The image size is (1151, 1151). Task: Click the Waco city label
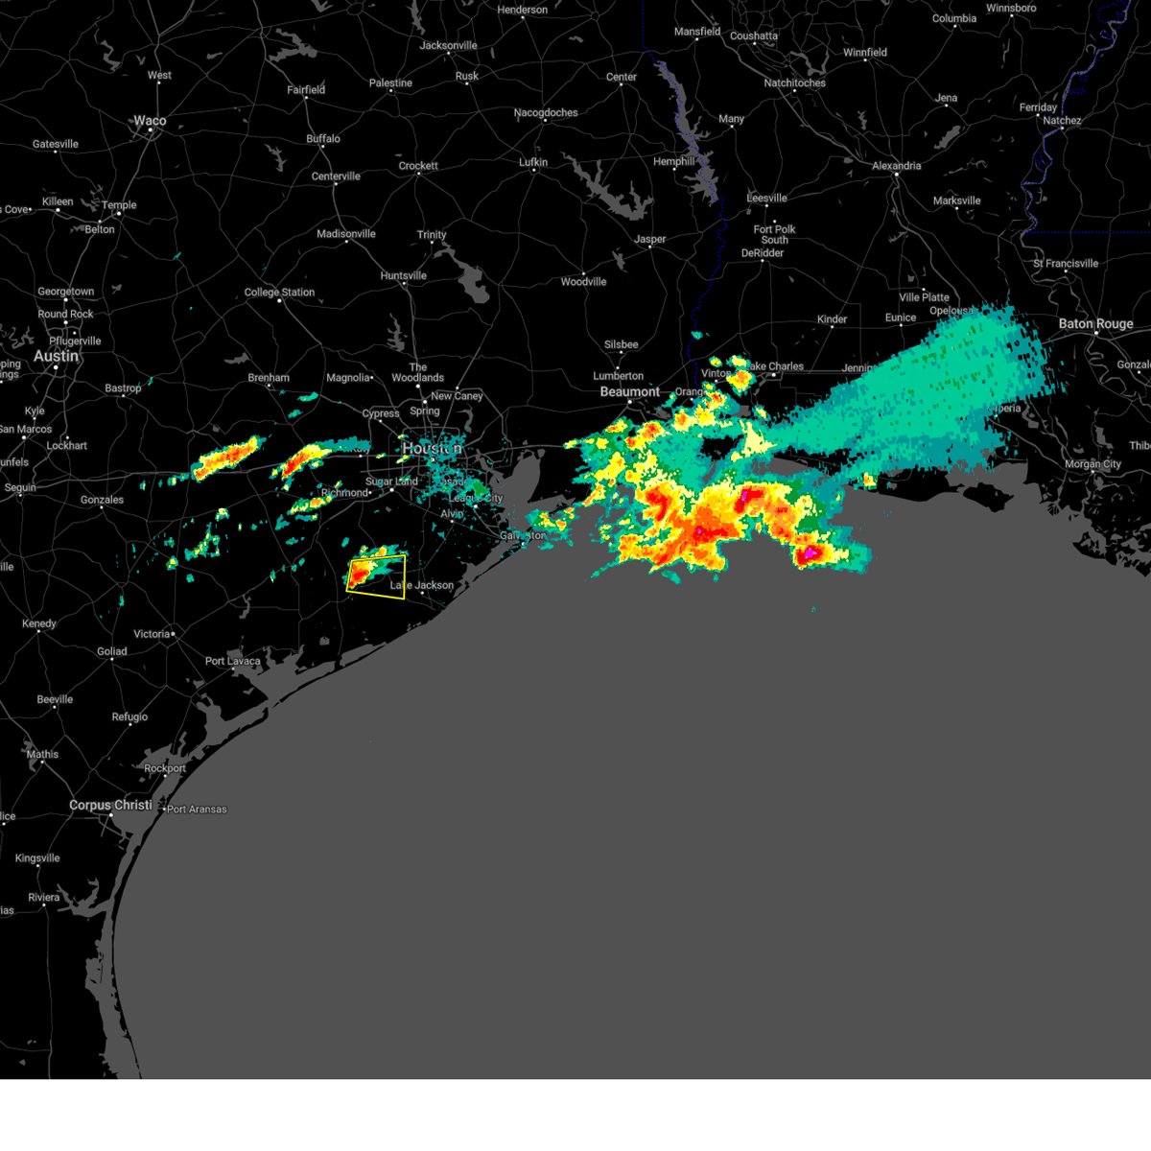point(150,121)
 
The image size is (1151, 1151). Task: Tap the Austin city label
point(56,356)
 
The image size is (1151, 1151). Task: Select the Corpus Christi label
point(110,805)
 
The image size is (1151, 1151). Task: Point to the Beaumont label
point(629,391)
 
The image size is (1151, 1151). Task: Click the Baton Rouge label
point(1095,324)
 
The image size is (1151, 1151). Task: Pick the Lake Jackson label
point(422,585)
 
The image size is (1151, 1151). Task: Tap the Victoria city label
point(152,634)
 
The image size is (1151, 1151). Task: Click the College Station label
point(279,293)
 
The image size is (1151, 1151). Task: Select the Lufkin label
point(533,162)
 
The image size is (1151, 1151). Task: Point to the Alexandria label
point(896,166)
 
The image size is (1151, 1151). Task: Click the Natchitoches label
point(794,83)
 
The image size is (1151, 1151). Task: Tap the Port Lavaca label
point(232,661)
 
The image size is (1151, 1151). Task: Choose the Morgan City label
point(1092,464)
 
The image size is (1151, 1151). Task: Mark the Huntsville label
point(403,276)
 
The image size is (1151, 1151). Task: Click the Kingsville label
point(37,858)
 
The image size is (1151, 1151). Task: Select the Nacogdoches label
point(546,113)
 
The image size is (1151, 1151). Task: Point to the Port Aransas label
point(197,810)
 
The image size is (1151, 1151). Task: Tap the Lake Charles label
point(775,366)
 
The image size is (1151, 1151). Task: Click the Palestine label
point(390,83)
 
